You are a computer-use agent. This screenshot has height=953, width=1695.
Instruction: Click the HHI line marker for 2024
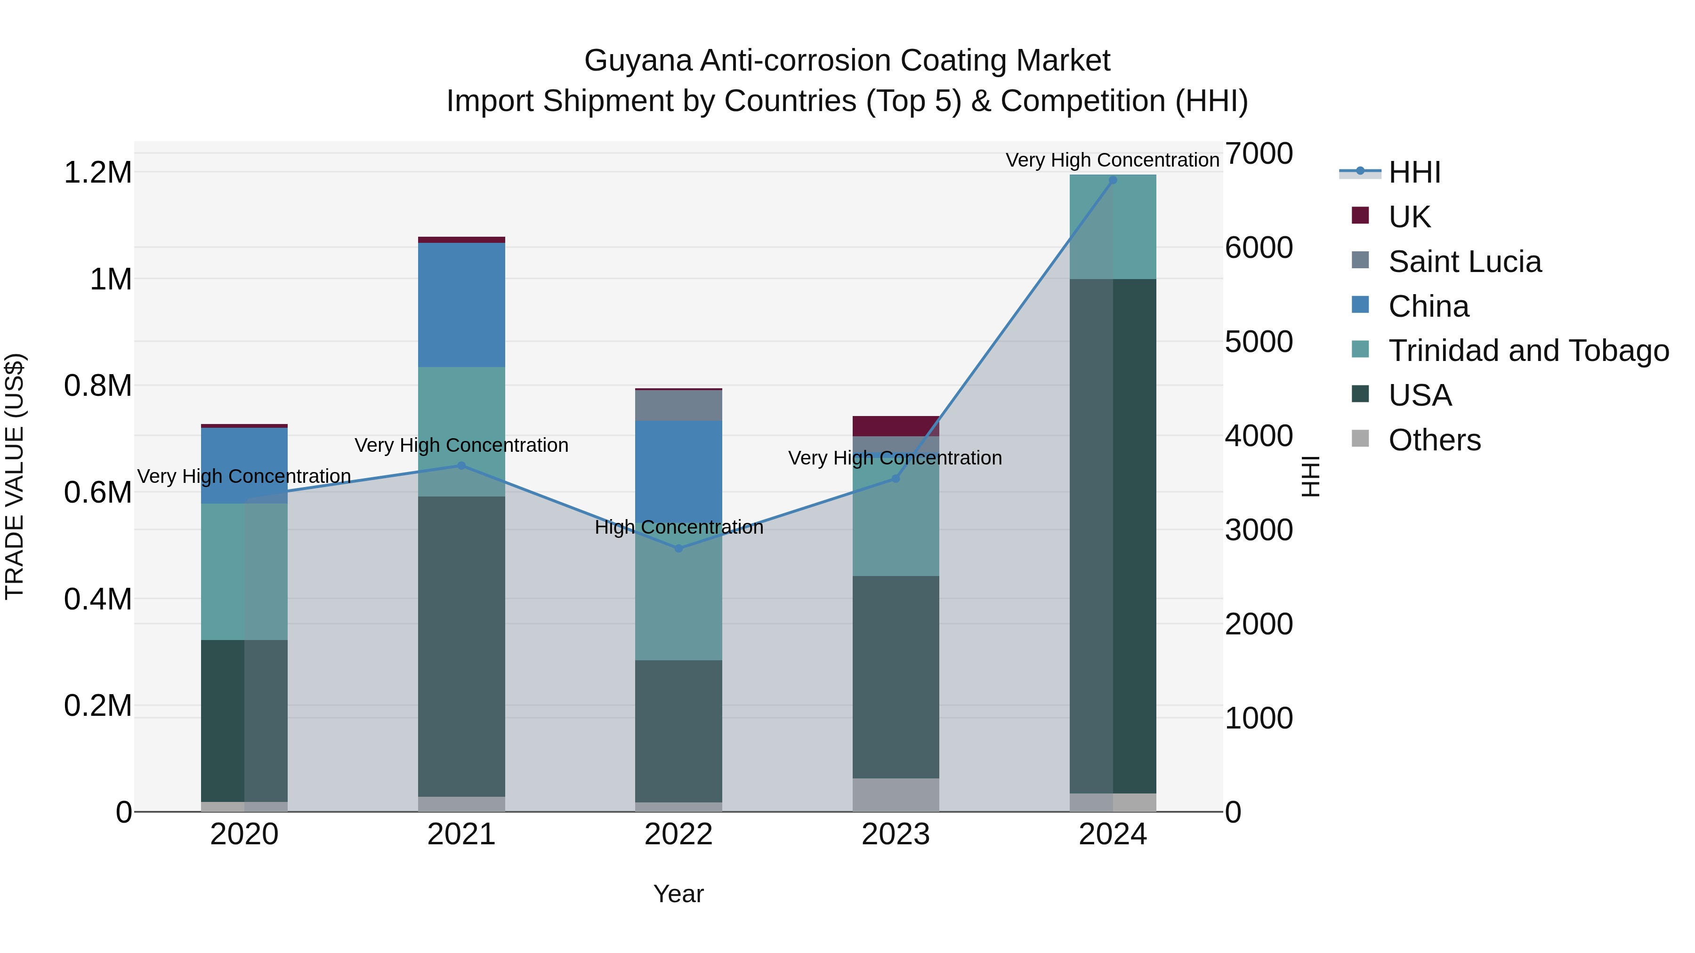point(1113,180)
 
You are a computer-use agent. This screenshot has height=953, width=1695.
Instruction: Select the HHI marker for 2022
point(678,549)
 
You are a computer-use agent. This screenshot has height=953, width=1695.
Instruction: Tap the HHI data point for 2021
point(461,465)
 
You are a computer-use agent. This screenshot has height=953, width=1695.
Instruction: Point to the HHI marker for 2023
point(896,479)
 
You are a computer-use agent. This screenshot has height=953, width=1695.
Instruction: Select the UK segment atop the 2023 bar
point(896,426)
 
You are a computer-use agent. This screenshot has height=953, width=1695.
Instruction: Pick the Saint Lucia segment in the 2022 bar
point(678,405)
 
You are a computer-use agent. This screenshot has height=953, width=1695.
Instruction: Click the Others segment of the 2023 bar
point(896,795)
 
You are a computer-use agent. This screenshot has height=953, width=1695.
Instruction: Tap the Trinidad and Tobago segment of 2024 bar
point(1113,227)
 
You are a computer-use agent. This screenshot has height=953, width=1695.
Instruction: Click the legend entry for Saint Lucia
point(1464,262)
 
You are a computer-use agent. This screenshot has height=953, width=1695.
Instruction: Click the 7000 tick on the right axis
point(1259,153)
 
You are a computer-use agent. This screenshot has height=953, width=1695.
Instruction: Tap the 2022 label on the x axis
point(678,834)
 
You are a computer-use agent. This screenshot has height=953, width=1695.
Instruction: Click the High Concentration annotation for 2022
point(678,528)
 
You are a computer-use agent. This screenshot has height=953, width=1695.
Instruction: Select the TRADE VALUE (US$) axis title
point(15,476)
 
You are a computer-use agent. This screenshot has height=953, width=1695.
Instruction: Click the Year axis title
point(678,894)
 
